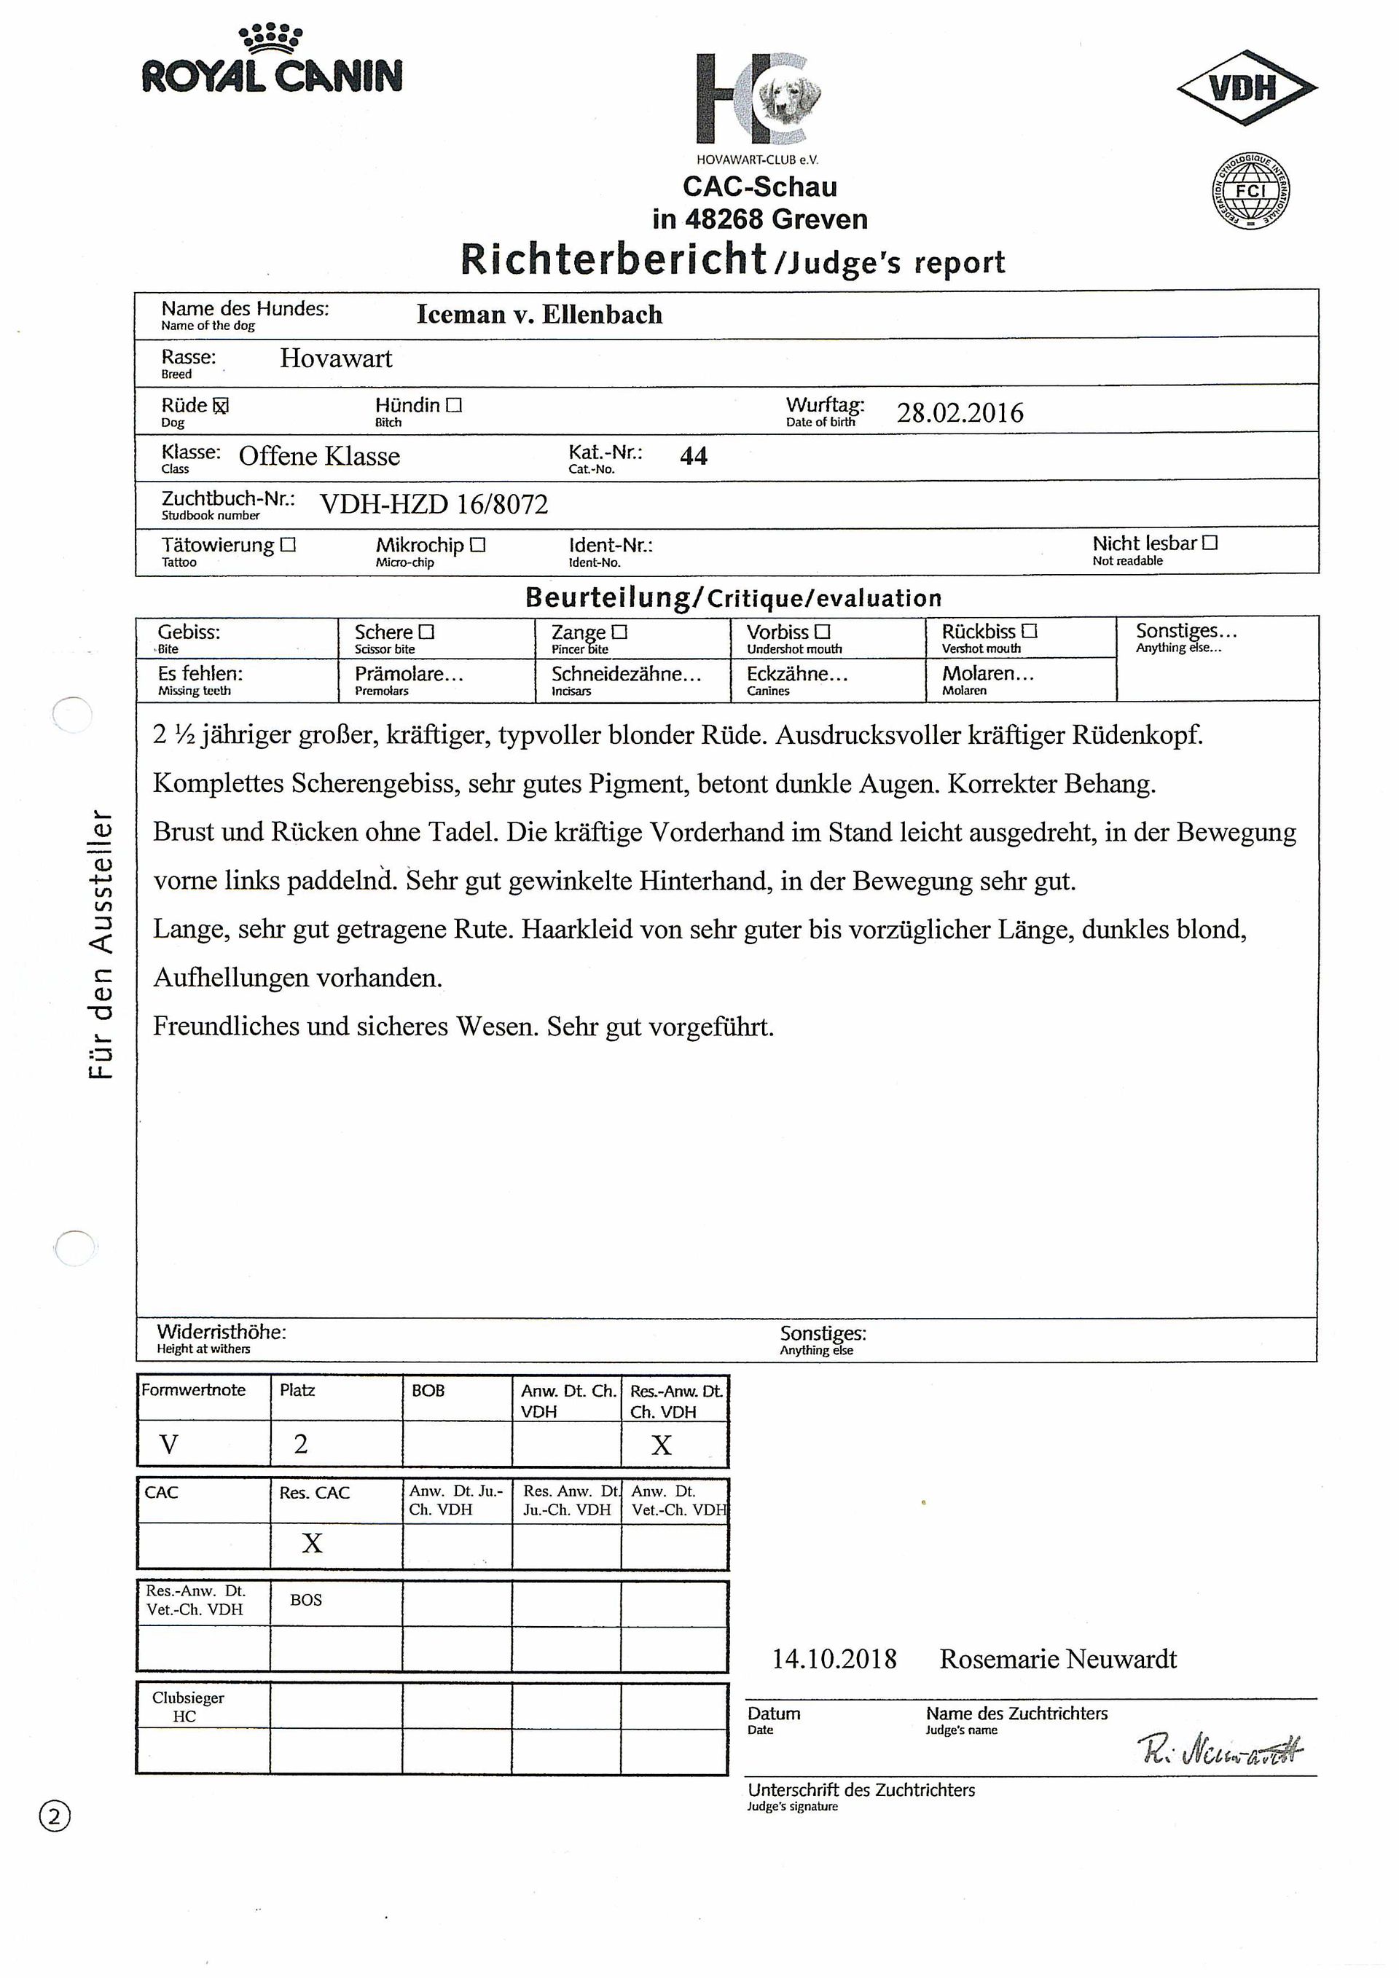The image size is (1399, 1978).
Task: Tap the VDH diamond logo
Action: click(x=1246, y=87)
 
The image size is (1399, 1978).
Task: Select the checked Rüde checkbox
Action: click(x=221, y=406)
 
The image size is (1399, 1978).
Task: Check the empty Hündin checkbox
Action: click(x=454, y=405)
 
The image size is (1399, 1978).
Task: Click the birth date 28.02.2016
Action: click(x=960, y=412)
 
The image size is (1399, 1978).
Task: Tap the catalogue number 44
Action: click(x=694, y=456)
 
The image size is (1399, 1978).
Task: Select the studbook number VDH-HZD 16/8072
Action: click(x=434, y=504)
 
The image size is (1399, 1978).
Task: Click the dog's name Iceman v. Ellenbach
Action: click(x=539, y=315)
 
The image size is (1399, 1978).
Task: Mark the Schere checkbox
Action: click(x=426, y=632)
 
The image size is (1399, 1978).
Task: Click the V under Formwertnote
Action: click(x=169, y=1444)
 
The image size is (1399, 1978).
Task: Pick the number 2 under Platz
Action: click(x=301, y=1444)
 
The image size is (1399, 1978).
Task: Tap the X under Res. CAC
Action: click(x=312, y=1543)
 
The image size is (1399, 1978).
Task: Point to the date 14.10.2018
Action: click(x=834, y=1658)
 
